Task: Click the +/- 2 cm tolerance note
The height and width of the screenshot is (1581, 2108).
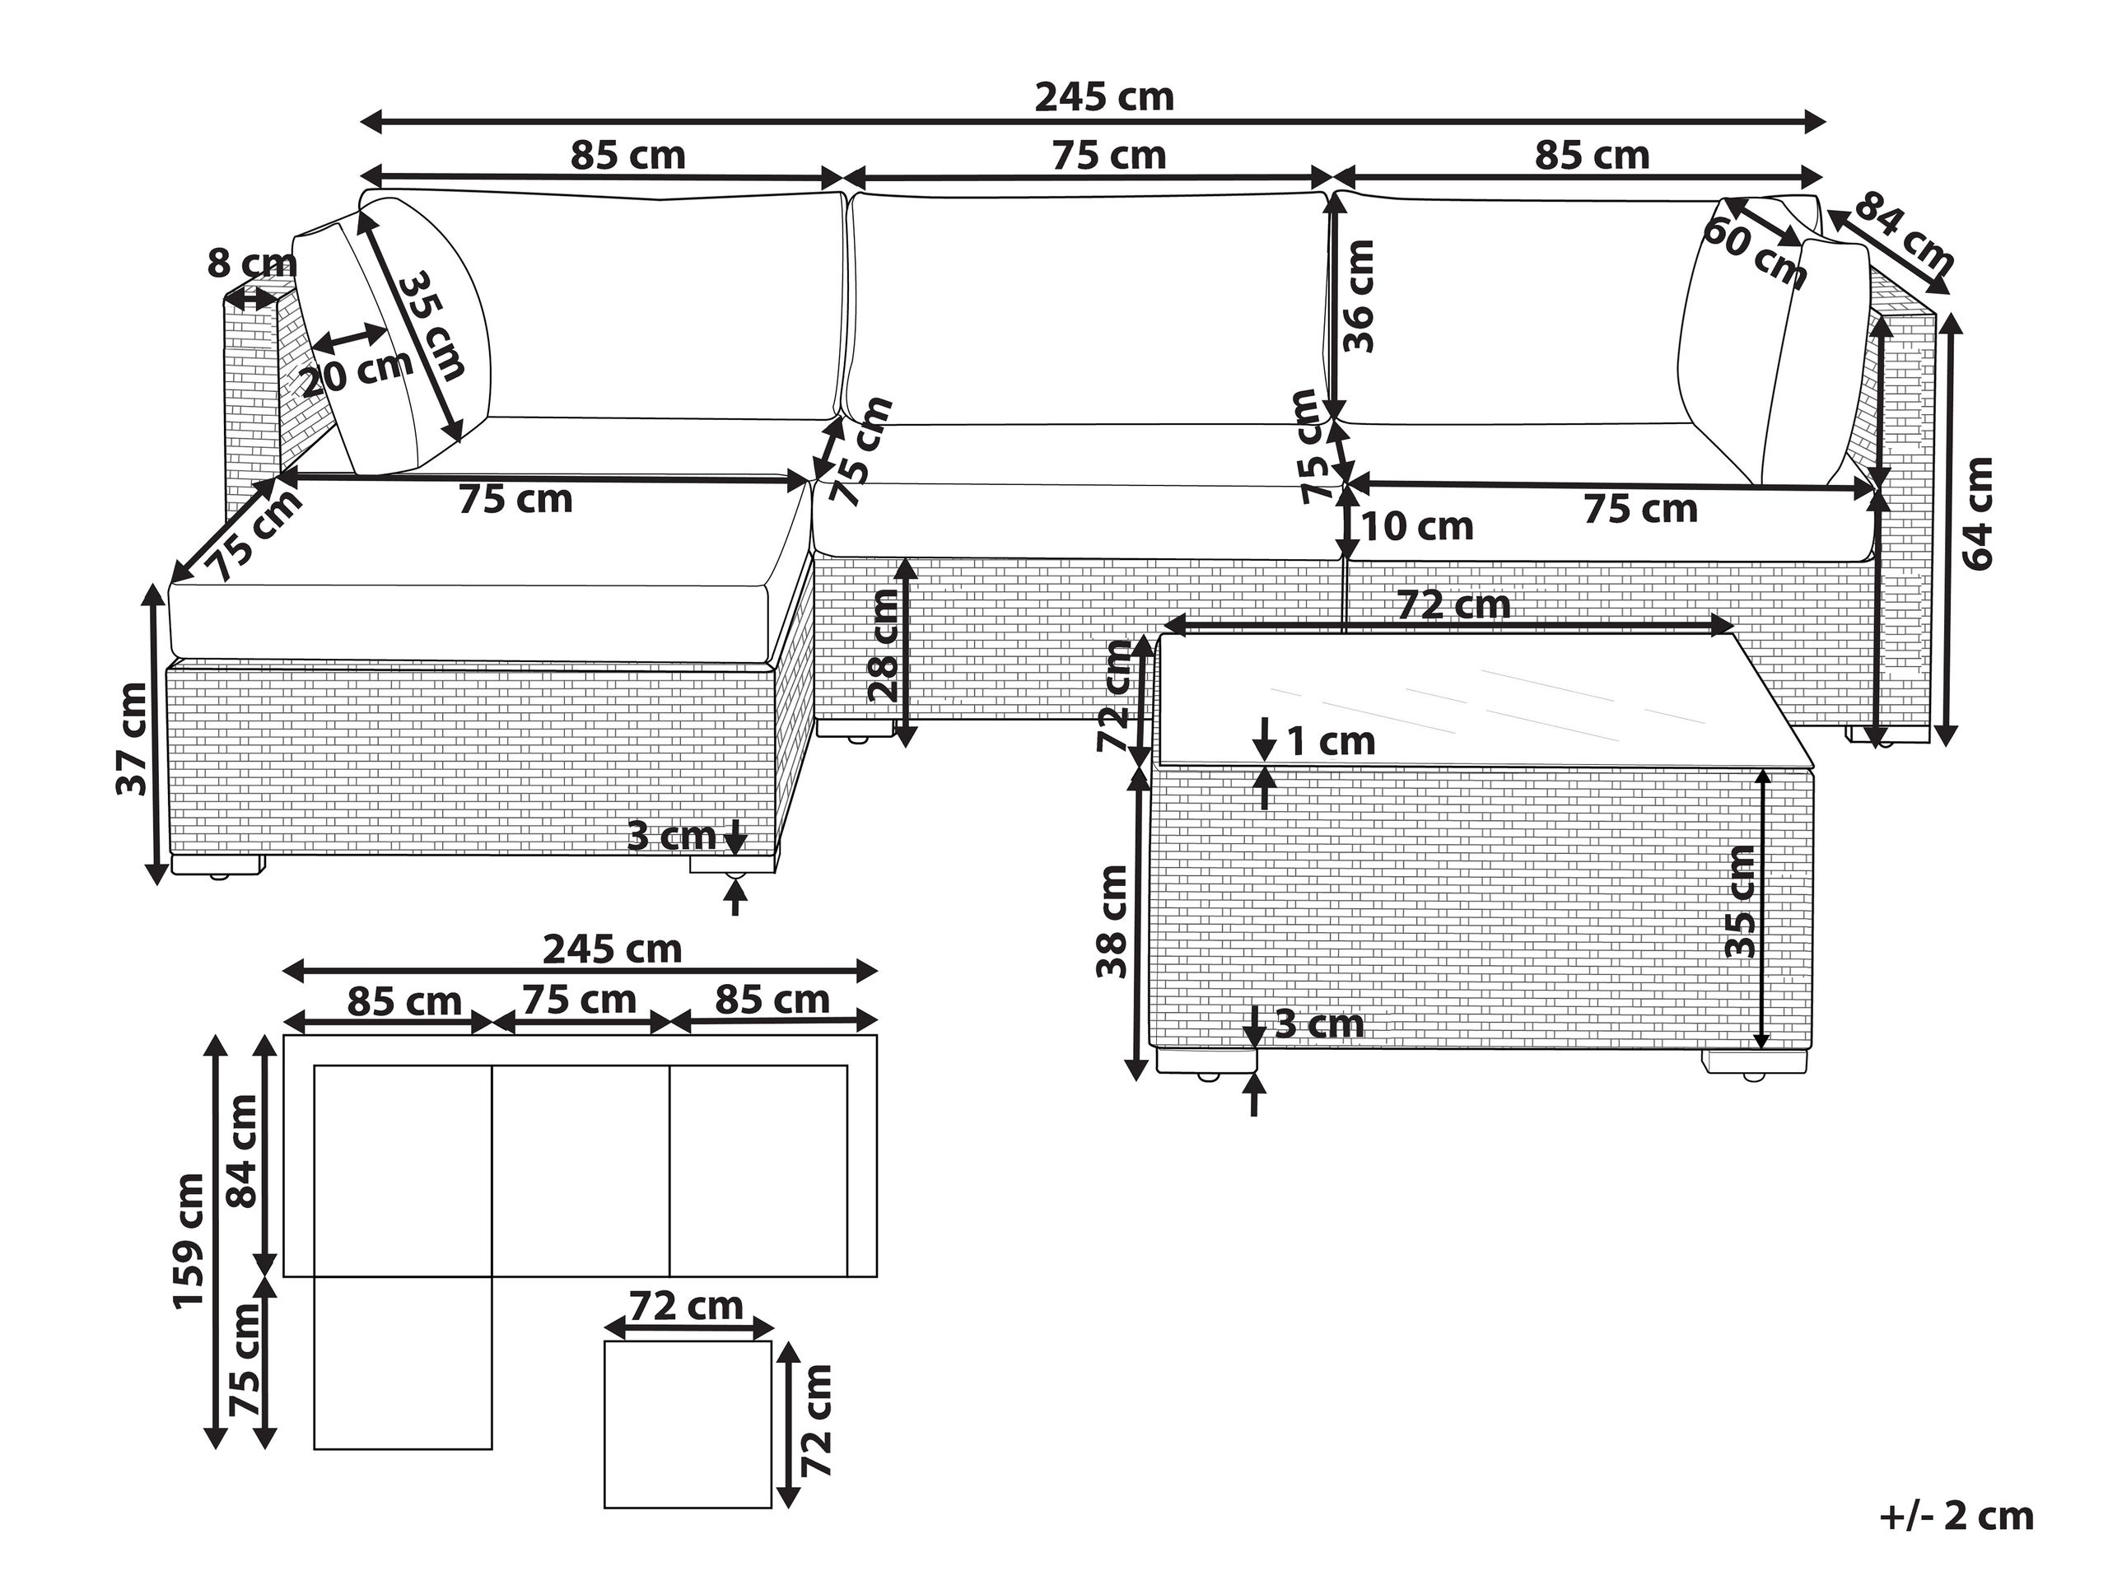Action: coord(1956,1517)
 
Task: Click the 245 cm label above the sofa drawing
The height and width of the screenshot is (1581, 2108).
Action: coord(1103,97)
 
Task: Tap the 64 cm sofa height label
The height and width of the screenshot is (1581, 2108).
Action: coord(1979,514)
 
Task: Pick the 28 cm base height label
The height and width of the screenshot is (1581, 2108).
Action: coord(884,646)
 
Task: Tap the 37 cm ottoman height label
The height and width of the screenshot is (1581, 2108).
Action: coord(132,739)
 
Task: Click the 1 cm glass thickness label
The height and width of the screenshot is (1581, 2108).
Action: coord(1331,741)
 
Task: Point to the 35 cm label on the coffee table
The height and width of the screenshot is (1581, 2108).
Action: coord(1739,901)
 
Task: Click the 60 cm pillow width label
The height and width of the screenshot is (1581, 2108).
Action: coord(1753,254)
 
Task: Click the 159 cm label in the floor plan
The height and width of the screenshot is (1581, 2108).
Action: coord(189,1240)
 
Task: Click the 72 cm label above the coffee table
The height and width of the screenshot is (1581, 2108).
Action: coord(1453,604)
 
